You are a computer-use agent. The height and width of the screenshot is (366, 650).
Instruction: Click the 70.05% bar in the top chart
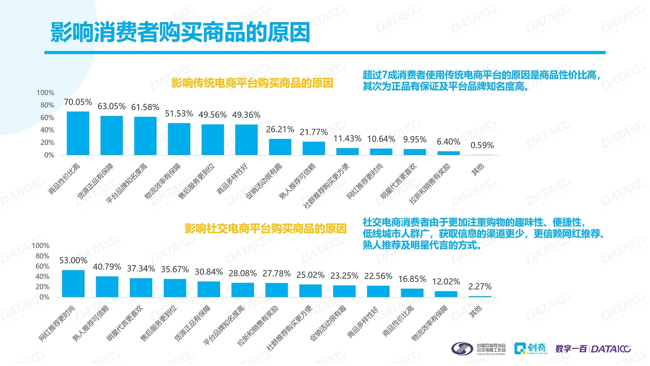[78, 133]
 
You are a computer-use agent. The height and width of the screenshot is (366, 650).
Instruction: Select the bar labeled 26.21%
[280, 147]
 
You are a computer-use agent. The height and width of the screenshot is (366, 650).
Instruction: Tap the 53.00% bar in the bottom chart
[73, 284]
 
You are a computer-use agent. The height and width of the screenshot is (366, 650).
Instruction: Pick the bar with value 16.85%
[412, 293]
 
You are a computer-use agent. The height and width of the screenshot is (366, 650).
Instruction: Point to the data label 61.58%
[145, 107]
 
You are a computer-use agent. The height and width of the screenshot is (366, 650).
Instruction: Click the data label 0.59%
[482, 145]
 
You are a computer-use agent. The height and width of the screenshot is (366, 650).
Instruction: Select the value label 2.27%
[480, 287]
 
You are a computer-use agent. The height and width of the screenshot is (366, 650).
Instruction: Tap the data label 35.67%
[175, 270]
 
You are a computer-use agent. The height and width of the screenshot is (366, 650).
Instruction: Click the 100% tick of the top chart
[45, 93]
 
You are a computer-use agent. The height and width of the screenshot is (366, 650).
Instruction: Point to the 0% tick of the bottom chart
[44, 297]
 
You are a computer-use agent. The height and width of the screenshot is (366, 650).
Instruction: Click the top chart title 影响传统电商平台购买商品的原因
[252, 83]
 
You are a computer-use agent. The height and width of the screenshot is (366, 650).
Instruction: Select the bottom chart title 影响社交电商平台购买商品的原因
[265, 229]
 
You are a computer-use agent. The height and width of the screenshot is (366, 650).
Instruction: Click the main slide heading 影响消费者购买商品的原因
[180, 32]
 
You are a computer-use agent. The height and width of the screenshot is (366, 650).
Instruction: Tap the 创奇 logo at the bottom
[530, 348]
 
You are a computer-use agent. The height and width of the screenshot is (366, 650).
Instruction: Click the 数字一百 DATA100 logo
[593, 349]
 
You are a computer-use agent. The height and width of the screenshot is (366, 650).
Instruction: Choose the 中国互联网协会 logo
[478, 349]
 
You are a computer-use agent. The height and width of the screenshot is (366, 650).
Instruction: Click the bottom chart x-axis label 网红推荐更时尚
[57, 323]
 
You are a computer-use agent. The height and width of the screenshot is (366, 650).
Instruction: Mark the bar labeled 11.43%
[348, 152]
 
